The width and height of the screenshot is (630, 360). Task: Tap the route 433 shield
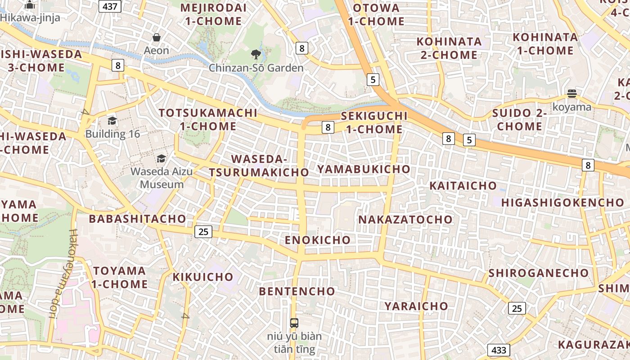click(x=499, y=350)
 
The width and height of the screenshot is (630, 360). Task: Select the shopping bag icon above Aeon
click(x=157, y=37)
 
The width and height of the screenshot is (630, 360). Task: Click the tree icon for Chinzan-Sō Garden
click(x=256, y=55)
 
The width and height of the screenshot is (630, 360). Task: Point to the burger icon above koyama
click(x=572, y=94)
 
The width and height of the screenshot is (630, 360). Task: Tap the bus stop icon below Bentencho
click(x=294, y=323)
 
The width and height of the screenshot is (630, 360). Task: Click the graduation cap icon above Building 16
click(x=112, y=121)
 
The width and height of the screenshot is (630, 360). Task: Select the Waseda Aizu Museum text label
click(x=162, y=178)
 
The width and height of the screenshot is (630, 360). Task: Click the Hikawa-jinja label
click(x=30, y=18)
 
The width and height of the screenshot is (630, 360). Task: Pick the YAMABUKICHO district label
click(x=364, y=169)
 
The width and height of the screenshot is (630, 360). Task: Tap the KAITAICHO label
click(x=463, y=185)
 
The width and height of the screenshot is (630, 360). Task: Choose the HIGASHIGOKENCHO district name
click(x=562, y=202)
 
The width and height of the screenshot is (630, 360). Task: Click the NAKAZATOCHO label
click(x=405, y=220)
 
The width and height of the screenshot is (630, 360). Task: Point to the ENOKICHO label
click(x=317, y=240)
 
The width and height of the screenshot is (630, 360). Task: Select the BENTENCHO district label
click(x=297, y=291)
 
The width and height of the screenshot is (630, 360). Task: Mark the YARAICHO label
click(x=416, y=306)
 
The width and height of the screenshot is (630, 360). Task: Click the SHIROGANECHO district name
click(x=538, y=273)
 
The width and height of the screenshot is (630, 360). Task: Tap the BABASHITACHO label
click(x=137, y=219)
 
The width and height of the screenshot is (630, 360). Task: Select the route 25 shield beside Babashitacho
click(x=203, y=232)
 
